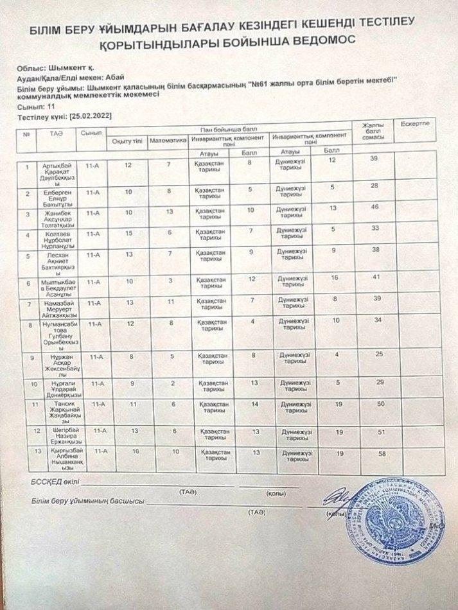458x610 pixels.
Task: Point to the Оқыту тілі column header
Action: pos(127,140)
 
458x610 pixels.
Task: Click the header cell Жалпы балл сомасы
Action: pos(373,131)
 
